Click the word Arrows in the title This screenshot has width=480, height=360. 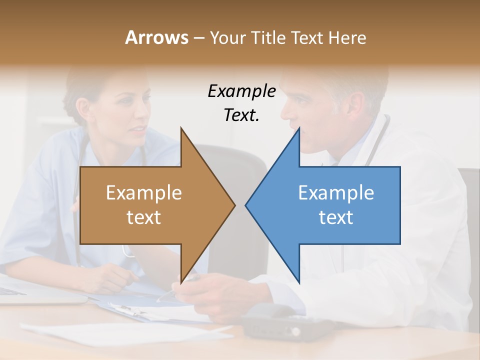click(x=156, y=37)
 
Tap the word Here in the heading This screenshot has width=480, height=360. click(x=347, y=37)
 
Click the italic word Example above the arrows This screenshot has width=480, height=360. click(x=241, y=91)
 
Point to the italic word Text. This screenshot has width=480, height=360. click(x=241, y=115)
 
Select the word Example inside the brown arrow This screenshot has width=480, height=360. click(x=143, y=193)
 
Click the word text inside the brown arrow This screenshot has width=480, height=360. click(x=143, y=217)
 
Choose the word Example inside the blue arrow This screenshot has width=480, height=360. click(x=336, y=193)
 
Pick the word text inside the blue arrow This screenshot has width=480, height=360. click(x=336, y=217)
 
